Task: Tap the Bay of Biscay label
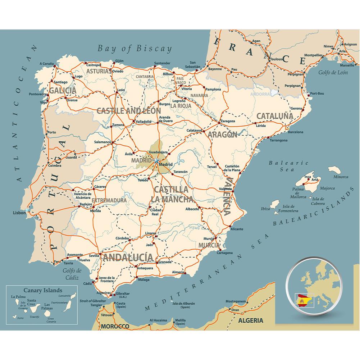coord(135,49)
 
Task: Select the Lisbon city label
coord(19,213)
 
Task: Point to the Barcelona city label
coord(296,132)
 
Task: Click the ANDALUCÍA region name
coord(128,257)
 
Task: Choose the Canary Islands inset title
coord(43,290)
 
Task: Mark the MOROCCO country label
coord(115,326)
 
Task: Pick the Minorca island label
coord(341,177)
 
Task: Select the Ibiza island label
coord(265,209)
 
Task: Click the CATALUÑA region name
coord(275,116)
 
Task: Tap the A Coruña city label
coord(46,63)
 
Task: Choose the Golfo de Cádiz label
coord(72,274)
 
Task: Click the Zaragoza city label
coord(228,121)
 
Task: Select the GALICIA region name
coord(63,90)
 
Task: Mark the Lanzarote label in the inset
coord(64,295)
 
